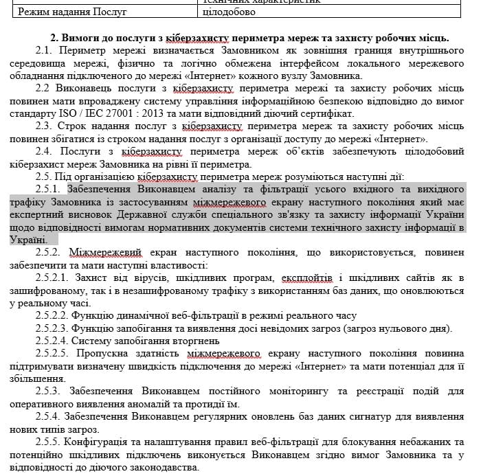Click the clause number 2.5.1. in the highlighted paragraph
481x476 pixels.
(x=51, y=189)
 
